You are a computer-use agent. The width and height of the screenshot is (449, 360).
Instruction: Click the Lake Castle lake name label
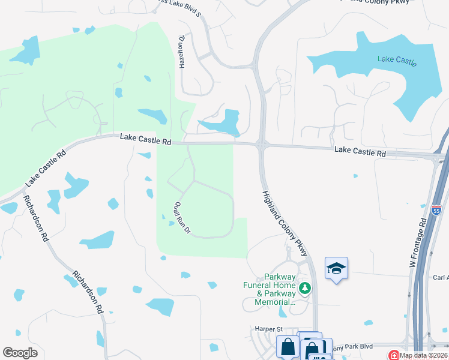(x=397, y=60)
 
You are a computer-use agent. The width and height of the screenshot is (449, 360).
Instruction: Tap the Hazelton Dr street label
(x=180, y=51)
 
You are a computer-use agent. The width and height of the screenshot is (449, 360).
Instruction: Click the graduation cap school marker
(x=336, y=268)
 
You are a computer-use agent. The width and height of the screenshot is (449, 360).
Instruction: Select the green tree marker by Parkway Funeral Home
(x=305, y=289)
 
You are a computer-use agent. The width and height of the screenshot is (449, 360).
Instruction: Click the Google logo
(x=20, y=353)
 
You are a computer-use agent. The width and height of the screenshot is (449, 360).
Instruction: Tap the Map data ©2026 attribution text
(x=424, y=355)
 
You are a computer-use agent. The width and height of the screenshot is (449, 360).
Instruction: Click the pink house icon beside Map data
(x=393, y=355)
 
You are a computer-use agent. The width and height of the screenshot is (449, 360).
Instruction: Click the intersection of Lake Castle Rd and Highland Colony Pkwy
(x=262, y=144)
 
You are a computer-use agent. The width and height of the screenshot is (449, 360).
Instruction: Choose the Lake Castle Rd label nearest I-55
(x=360, y=153)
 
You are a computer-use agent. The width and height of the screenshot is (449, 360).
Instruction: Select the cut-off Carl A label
(x=440, y=278)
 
